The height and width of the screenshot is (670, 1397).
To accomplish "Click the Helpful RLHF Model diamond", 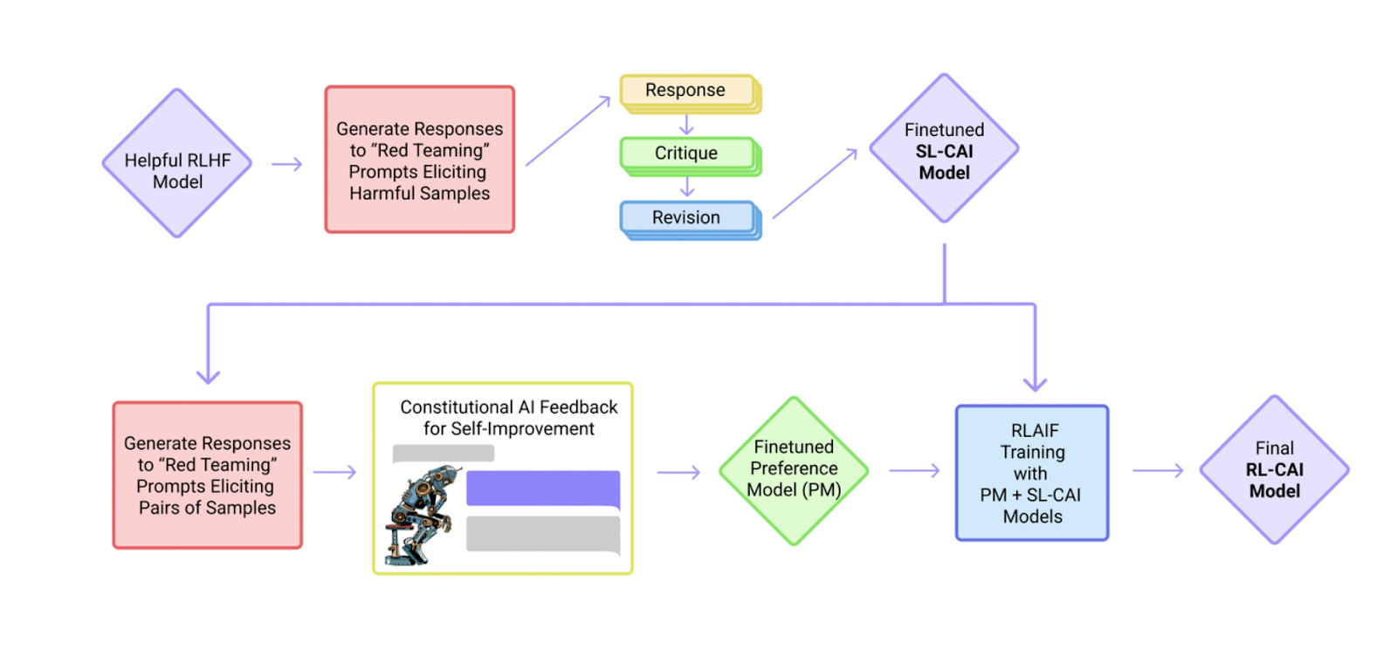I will tap(177, 163).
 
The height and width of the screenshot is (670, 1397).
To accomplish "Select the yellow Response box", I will tap(687, 91).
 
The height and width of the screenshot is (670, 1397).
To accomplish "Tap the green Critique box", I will tap(687, 154).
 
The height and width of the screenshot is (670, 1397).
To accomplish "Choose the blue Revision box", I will tap(687, 217).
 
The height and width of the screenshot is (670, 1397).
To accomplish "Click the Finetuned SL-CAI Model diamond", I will tap(944, 149).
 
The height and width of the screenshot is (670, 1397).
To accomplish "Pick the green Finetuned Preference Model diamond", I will tap(794, 470).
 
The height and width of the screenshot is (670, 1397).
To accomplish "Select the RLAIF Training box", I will tap(1032, 473).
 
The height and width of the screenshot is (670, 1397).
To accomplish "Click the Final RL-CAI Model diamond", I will tap(1274, 470).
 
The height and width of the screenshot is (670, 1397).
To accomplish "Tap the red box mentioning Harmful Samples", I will tap(419, 160).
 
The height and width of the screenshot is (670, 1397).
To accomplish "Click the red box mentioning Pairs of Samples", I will tap(207, 475).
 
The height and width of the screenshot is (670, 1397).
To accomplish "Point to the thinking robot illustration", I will tap(422, 515).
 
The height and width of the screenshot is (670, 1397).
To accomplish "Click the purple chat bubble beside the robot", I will tap(542, 489).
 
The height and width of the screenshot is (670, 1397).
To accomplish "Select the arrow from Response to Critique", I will tap(687, 125).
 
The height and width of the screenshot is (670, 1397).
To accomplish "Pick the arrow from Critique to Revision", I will tap(687, 187).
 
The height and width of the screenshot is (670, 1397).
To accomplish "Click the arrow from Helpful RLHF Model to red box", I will tap(286, 164).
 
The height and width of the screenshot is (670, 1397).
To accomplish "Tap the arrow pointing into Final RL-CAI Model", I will tap(1158, 470).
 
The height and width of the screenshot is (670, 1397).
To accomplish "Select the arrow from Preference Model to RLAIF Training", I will tap(914, 470).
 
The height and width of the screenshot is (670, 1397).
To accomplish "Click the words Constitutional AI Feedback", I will tap(508, 407).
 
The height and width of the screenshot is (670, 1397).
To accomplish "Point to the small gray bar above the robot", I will tap(444, 453).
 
